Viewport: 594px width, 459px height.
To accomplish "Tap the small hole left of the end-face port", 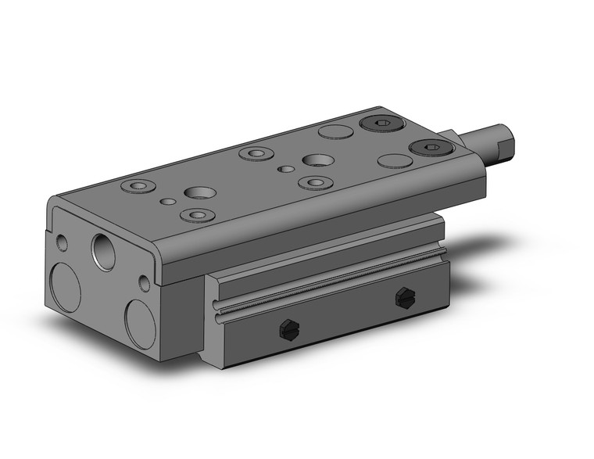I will (x=63, y=243).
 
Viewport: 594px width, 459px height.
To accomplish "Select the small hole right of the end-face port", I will (x=145, y=282).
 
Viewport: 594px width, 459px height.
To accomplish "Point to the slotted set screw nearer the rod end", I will (x=403, y=296).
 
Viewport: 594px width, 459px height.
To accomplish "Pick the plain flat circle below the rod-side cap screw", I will (x=395, y=162).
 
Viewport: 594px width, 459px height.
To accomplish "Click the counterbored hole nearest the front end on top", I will (x=138, y=187).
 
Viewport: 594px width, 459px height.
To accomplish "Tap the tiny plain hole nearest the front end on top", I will (x=167, y=202).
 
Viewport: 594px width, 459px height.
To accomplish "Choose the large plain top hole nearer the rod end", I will (x=317, y=160).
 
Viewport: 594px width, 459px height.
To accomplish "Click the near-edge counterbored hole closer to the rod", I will (x=314, y=183).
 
